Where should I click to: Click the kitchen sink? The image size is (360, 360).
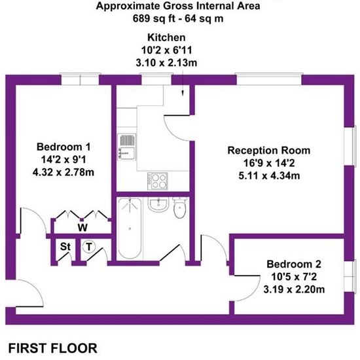[x=127, y=147]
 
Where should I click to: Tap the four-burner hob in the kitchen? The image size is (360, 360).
[x=158, y=181]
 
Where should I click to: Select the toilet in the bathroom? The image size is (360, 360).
[x=180, y=207]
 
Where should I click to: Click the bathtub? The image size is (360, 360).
[x=130, y=228]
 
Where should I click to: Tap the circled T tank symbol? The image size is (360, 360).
[x=88, y=247]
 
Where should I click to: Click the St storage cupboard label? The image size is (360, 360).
[x=65, y=247]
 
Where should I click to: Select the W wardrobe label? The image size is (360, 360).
[x=82, y=228]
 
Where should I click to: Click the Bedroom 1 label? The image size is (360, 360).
[x=63, y=147]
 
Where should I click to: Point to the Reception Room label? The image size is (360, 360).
[x=269, y=151]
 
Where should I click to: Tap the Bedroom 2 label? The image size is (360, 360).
[x=294, y=264]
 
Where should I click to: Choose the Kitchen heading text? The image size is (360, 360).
[x=166, y=37]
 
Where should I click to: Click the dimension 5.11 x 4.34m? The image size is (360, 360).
[x=269, y=176]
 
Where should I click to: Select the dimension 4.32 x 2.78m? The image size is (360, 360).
[x=63, y=172]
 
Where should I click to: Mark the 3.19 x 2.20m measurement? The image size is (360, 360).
[x=294, y=289]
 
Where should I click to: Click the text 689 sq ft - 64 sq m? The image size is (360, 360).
[x=178, y=18]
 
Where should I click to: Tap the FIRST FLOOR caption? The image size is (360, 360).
[x=53, y=348]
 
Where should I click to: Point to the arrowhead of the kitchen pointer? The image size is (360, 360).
[x=183, y=94]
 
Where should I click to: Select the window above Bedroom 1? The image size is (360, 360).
[x=80, y=79]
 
